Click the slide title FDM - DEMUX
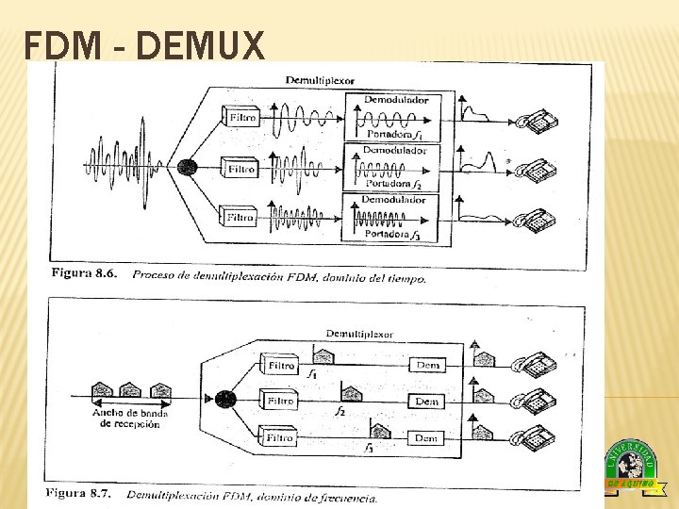coord(144,45)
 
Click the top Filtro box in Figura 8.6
coord(240,117)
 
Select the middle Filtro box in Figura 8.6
coord(240,169)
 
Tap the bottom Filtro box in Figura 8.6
coord(240,218)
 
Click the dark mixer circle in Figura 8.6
coord(187,168)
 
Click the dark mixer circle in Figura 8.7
coord(224,399)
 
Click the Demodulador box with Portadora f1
coord(395,117)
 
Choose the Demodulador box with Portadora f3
coord(395,218)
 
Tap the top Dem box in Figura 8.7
coord(426,366)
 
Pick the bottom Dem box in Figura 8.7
coord(426,438)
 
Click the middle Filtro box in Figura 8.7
coord(280,401)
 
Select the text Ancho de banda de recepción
coord(129,418)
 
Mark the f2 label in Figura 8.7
coord(340,412)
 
